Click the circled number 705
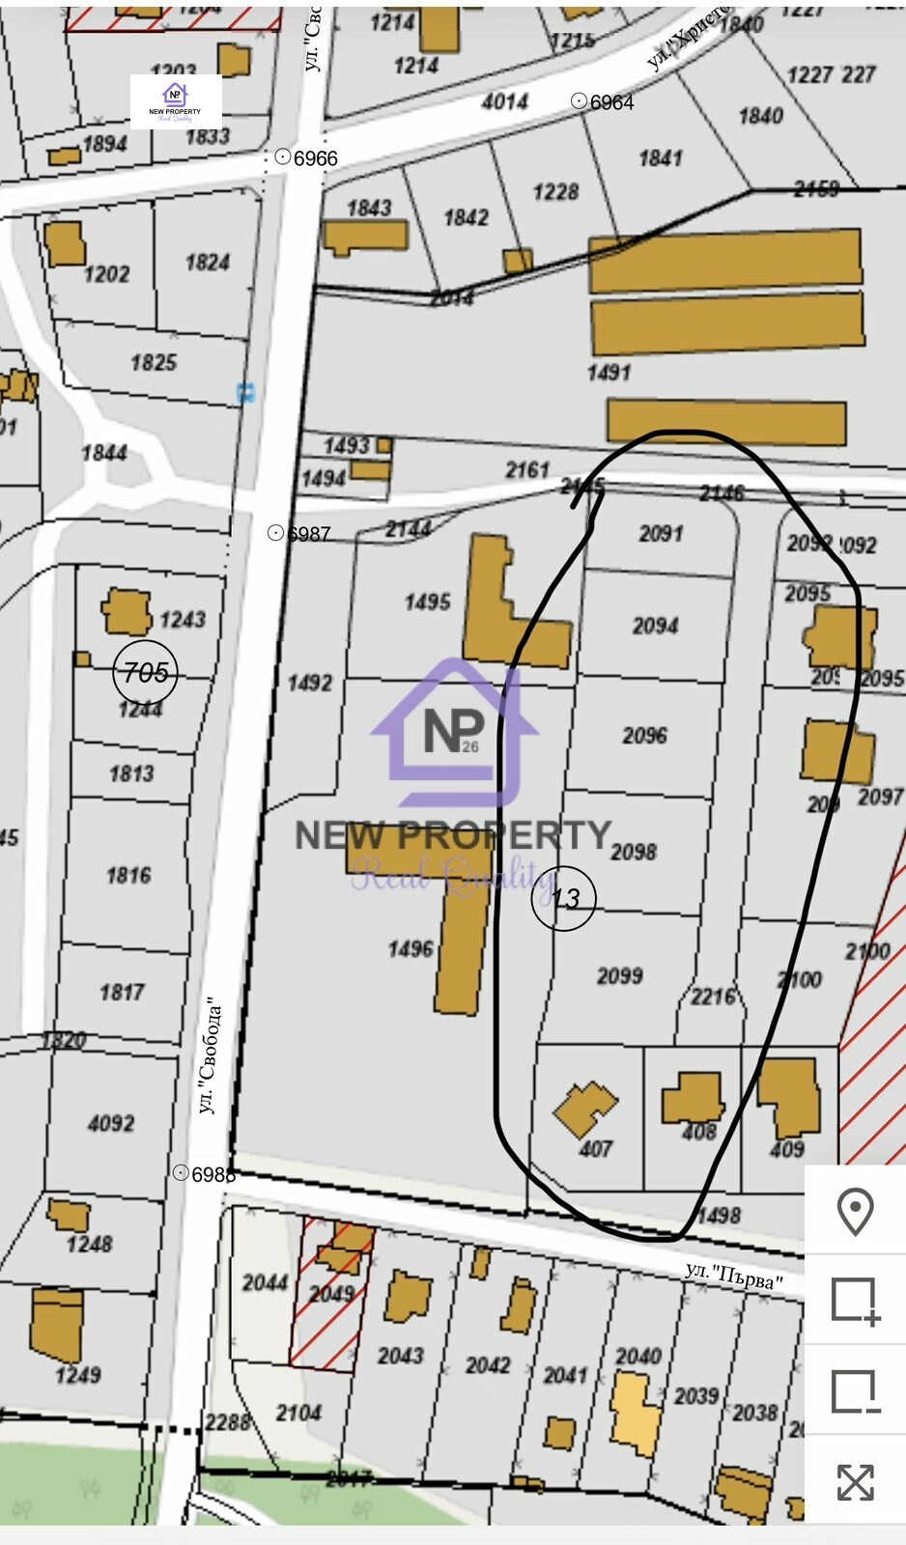146,672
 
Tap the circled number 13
564,899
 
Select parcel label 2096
644,736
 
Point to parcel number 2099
619,976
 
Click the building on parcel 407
584,1109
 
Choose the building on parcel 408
692,1098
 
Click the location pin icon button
855,1211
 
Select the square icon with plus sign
855,1300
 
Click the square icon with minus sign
855,1391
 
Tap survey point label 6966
315,158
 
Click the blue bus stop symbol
247,393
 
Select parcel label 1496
411,949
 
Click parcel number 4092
111,1123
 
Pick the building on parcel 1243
127,612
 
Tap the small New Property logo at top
176,101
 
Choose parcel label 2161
527,470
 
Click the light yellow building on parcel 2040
635,1413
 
